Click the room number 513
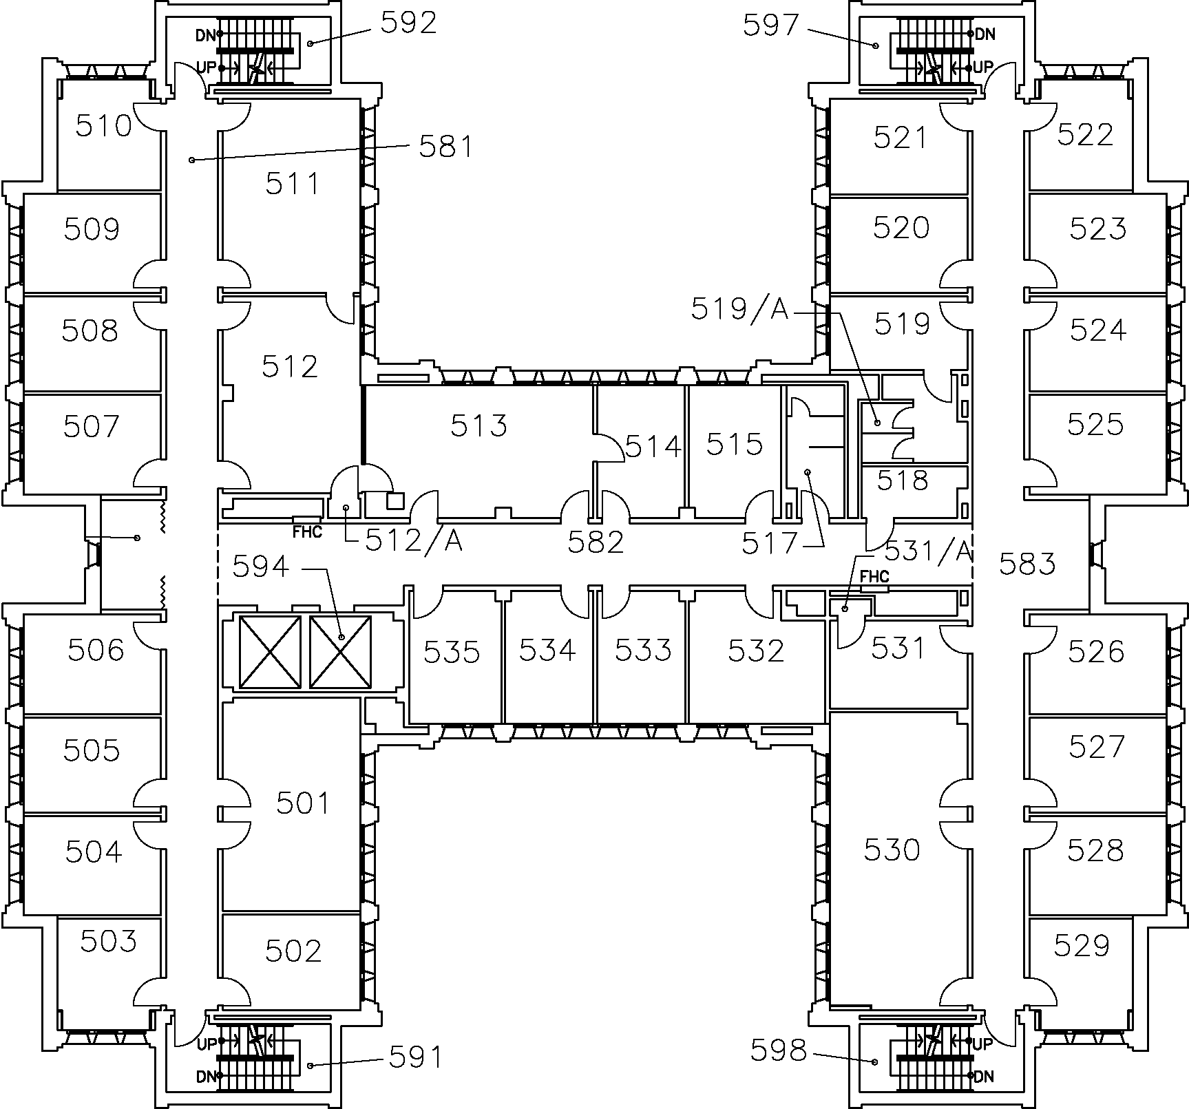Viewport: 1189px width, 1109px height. click(x=479, y=425)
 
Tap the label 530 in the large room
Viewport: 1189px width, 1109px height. click(x=892, y=849)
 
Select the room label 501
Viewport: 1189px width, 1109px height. click(x=303, y=803)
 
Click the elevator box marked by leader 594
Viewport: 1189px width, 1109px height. click(x=340, y=651)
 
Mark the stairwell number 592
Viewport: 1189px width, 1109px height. click(x=408, y=23)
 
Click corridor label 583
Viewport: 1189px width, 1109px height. click(x=1027, y=564)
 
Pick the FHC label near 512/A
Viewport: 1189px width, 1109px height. click(x=307, y=532)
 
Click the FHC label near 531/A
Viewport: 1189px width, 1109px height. click(x=874, y=577)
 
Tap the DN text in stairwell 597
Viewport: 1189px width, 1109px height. click(x=985, y=33)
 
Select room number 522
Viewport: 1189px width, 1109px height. click(x=1085, y=134)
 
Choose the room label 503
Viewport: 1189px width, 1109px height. click(x=108, y=941)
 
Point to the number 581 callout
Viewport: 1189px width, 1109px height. click(x=446, y=147)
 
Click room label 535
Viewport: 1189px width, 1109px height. click(x=451, y=651)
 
